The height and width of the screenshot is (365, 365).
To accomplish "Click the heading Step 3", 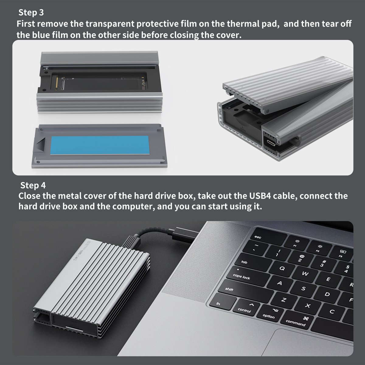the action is click(x=31, y=12).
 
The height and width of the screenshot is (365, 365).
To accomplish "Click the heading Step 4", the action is click(x=33, y=185).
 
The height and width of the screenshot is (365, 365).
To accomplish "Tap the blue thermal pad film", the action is click(x=100, y=145).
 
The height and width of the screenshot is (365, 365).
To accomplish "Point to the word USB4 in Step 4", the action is click(x=260, y=196).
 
